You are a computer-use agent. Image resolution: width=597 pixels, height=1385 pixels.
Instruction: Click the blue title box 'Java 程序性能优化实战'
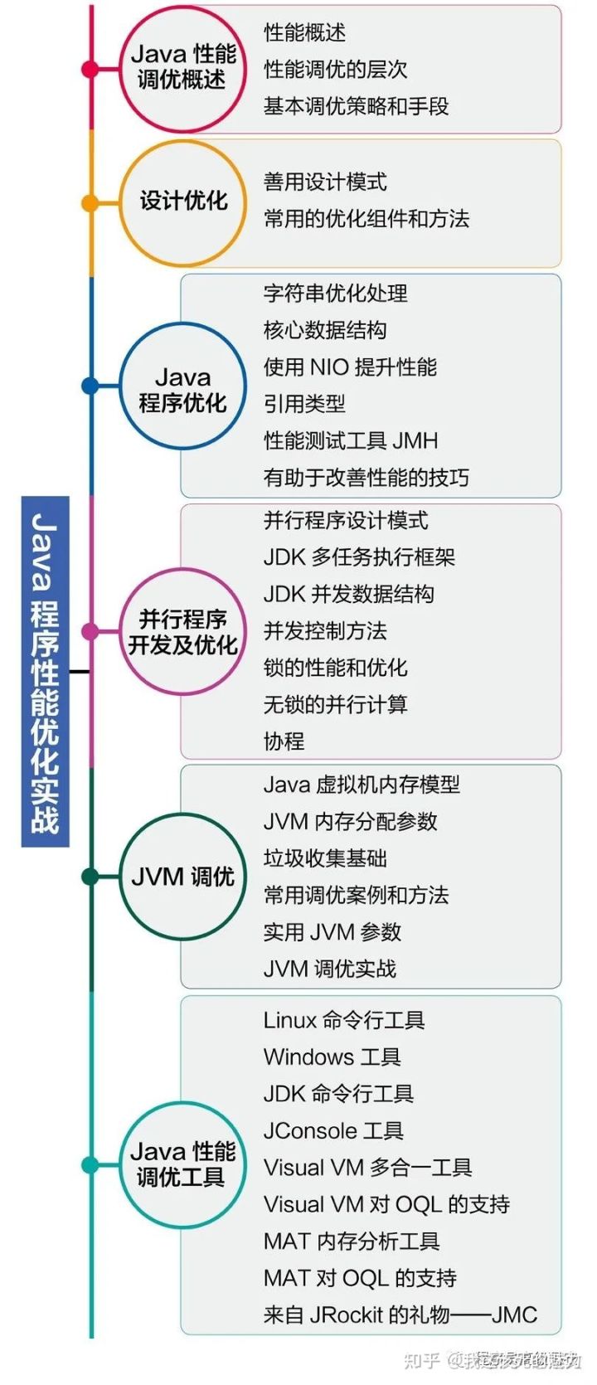click(45, 671)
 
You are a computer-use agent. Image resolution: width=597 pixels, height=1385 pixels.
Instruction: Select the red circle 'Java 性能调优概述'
click(183, 67)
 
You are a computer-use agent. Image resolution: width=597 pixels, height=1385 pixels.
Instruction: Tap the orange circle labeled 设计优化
click(183, 202)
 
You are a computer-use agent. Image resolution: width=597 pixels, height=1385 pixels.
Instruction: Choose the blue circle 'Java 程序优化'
click(183, 386)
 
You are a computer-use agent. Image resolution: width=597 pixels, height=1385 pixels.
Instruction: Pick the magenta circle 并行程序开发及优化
click(183, 632)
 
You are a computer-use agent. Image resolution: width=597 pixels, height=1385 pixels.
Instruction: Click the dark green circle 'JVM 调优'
click(183, 877)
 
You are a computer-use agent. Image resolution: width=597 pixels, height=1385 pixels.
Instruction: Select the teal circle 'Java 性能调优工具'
click(183, 1164)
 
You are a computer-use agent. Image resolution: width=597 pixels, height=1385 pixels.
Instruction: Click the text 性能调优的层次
click(336, 70)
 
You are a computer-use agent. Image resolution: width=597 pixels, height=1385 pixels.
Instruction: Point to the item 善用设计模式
click(325, 182)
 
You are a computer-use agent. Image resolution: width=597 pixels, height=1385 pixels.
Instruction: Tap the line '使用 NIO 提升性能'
click(350, 367)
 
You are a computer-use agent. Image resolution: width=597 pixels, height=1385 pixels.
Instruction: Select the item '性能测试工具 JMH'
click(351, 440)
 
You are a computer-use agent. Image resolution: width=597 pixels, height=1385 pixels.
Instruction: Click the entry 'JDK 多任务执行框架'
click(359, 557)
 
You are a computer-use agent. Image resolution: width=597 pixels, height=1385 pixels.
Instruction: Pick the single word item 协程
click(284, 741)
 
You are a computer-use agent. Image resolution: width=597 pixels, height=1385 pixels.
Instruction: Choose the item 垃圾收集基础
click(325, 858)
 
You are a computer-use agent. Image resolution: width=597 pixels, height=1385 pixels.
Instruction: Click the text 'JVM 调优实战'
click(330, 969)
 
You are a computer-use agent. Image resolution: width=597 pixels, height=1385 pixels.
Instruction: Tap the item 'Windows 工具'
click(332, 1057)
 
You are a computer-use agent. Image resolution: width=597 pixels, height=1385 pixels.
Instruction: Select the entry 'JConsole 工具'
click(333, 1130)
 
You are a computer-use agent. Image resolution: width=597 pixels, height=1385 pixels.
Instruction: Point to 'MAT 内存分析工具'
click(352, 1242)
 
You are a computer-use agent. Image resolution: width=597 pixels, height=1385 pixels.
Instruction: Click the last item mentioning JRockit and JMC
click(400, 1315)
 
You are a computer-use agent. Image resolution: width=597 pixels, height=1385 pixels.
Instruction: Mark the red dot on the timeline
click(90, 69)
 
